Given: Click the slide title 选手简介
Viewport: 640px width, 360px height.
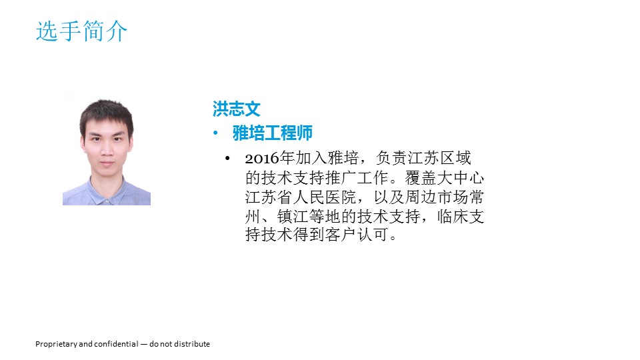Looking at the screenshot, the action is [81, 31].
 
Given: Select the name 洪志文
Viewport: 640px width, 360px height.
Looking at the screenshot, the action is [236, 109].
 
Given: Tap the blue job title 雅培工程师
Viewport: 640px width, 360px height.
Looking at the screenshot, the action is [272, 133].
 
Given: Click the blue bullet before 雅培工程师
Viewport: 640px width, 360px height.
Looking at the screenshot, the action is [215, 133].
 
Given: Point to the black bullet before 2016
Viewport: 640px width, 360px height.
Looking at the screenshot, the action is [227, 158].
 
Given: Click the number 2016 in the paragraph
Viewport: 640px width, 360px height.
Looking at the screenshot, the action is [262, 159].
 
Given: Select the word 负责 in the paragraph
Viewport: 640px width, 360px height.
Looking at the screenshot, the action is [391, 157].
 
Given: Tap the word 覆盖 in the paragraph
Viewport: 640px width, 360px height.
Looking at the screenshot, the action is [421, 177].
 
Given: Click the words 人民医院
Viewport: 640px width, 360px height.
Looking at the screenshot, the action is [325, 197].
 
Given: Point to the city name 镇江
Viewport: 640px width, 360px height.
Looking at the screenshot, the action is [293, 216].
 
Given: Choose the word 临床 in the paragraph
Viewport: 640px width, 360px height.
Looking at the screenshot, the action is [453, 216].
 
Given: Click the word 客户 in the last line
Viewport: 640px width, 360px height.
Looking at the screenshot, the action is [341, 234].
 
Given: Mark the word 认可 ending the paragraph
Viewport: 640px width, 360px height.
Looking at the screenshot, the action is [373, 234].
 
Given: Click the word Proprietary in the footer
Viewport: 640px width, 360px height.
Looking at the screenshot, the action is [56, 344].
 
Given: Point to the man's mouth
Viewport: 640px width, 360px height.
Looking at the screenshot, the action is [107, 164].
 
